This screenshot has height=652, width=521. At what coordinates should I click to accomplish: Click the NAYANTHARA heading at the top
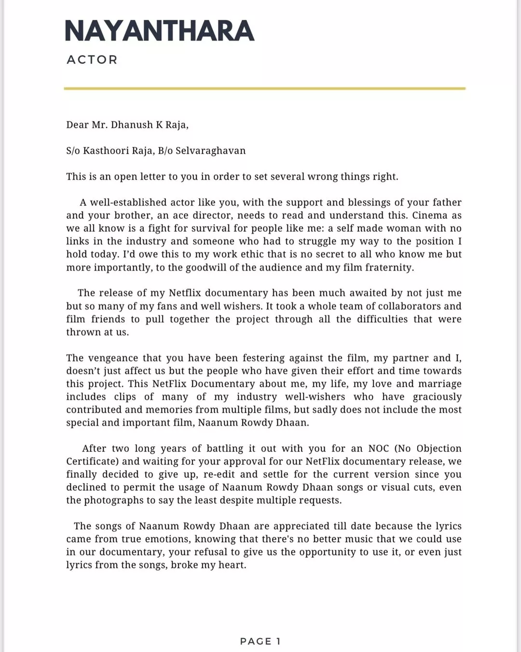pos(159,31)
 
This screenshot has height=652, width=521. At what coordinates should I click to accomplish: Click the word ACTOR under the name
pos(92,60)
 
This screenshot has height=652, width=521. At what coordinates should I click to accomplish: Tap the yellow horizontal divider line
pos(264,88)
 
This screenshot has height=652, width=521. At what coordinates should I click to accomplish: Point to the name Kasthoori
pos(103,151)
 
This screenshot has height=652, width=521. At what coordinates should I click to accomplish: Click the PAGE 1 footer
pos(260,641)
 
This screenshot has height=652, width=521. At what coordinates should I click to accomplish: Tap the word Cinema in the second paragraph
pos(430,215)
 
